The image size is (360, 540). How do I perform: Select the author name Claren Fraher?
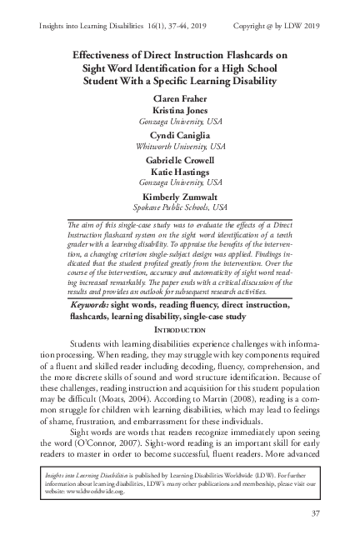(x=180, y=98)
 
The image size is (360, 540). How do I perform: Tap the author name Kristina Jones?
(x=180, y=109)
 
